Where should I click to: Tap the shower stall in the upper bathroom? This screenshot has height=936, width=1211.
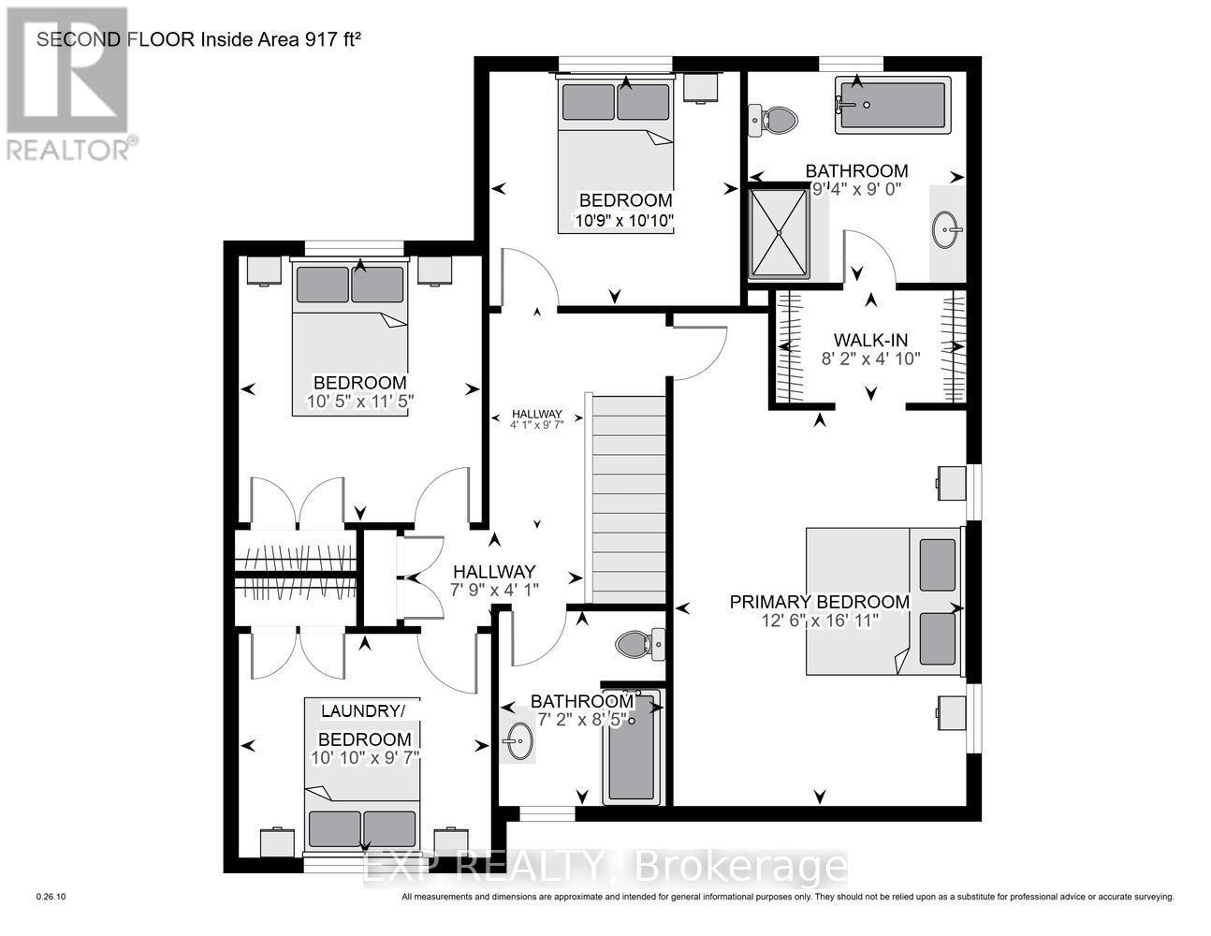pyautogui.click(x=779, y=233)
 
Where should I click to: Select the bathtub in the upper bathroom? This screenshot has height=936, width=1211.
pyautogui.click(x=893, y=104)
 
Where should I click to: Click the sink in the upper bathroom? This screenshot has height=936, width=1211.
pyautogui.click(x=947, y=229)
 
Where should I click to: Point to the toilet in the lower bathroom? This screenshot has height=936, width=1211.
pyautogui.click(x=641, y=644)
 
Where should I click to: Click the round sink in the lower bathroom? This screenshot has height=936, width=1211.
pyautogui.click(x=516, y=744)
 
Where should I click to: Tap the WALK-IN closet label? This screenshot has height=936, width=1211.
pyautogui.click(x=870, y=340)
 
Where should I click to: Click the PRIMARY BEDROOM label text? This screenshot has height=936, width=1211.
pyautogui.click(x=819, y=602)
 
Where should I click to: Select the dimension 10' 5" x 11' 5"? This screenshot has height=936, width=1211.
pyautogui.click(x=359, y=402)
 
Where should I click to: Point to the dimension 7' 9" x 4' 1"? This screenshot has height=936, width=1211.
pyautogui.click(x=493, y=589)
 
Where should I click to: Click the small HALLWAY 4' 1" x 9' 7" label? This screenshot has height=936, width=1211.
pyautogui.click(x=536, y=419)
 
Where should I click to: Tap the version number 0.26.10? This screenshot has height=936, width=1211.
pyautogui.click(x=51, y=898)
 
